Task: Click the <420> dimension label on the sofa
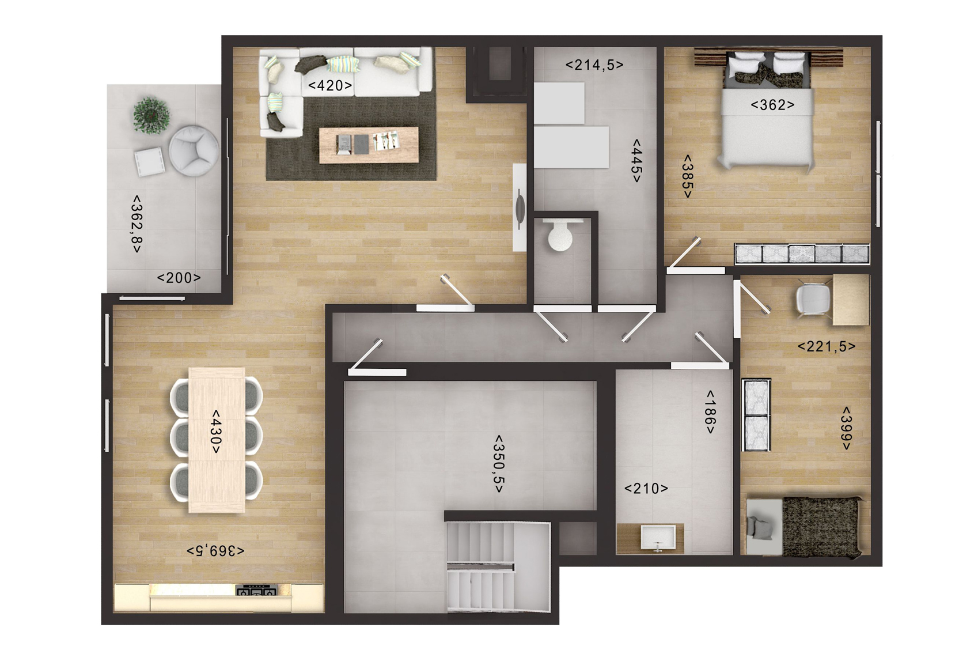(330, 85)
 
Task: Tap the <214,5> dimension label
(594, 65)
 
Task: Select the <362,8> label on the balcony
(137, 224)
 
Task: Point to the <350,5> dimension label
(499, 463)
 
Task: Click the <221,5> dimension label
(827, 346)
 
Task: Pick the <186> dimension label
(710, 412)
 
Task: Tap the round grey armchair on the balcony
(194, 151)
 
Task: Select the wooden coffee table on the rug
(369, 145)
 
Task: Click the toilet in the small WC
(560, 235)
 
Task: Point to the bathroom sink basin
(658, 537)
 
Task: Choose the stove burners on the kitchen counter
(257, 591)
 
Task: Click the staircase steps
(480, 568)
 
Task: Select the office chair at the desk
(813, 299)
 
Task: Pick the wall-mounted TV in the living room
(520, 207)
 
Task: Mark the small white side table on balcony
(150, 161)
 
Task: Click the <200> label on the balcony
(179, 278)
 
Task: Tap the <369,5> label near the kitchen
(215, 551)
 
